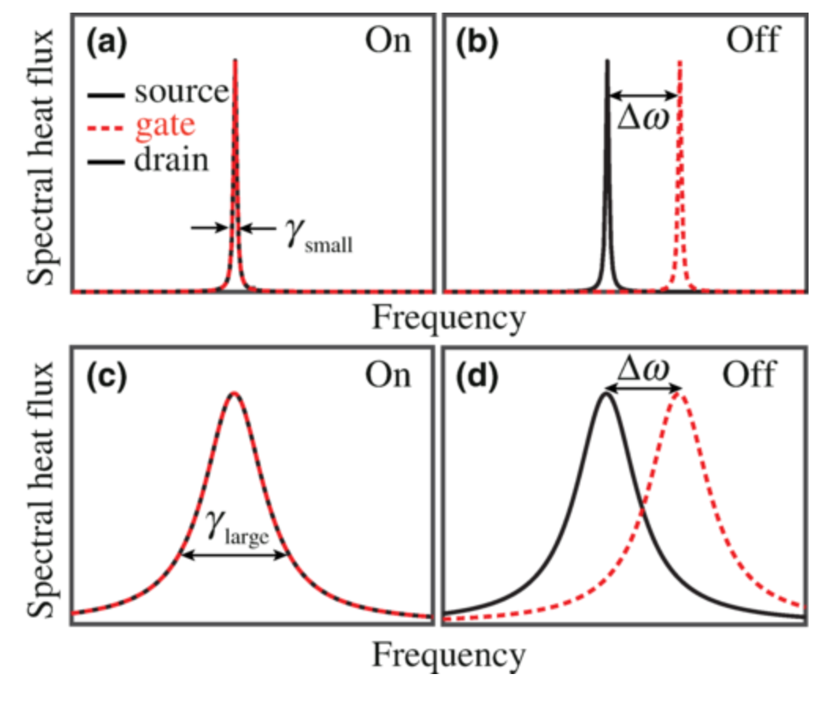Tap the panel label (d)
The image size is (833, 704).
(477, 376)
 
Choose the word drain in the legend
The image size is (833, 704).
(171, 160)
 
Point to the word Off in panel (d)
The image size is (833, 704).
(750, 375)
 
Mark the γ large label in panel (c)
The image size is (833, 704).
(235, 521)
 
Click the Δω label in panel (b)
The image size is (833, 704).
(643, 124)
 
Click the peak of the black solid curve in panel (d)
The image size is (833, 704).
(606, 394)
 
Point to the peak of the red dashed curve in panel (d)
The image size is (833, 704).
(679, 394)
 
